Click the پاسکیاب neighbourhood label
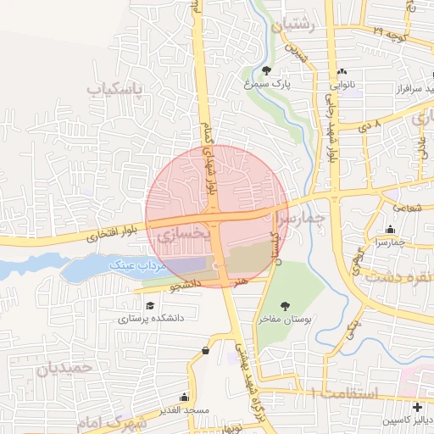click(115, 87)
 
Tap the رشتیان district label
click(292, 25)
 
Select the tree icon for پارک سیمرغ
click(268, 71)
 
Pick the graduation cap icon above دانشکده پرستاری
click(150, 305)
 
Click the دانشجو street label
click(185, 287)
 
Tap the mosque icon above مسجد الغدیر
click(185, 397)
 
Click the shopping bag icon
click(205, 351)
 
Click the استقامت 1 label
click(342, 393)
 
